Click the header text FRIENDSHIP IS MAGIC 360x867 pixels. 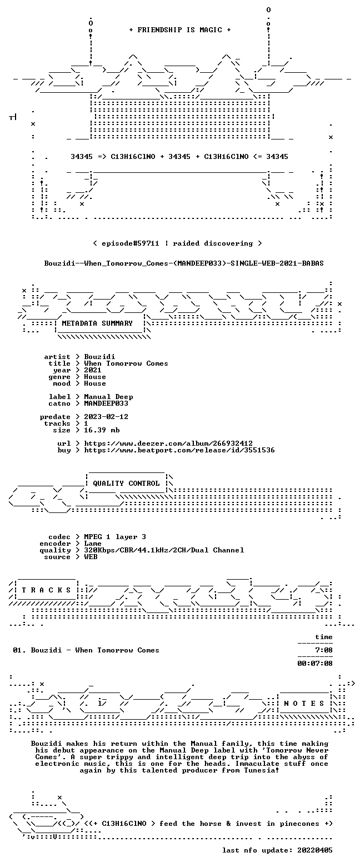180,30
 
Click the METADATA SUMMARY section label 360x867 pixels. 97,323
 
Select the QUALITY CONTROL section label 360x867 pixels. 126,484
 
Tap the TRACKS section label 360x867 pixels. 47,590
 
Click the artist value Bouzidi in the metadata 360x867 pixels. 99,357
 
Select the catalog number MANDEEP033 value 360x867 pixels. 106,403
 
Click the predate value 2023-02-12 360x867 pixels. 106,417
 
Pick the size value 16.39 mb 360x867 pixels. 102,430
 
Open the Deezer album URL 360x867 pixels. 168,444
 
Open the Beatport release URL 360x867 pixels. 179,450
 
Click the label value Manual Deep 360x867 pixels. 108,397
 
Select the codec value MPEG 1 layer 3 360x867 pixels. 115,537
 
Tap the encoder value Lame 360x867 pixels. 93,544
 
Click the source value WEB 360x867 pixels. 91,557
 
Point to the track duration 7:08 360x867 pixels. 324,650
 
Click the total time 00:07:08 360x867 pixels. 314,664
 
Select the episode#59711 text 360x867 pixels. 131,243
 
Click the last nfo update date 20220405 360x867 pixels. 314,850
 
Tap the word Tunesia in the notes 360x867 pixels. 262,770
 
